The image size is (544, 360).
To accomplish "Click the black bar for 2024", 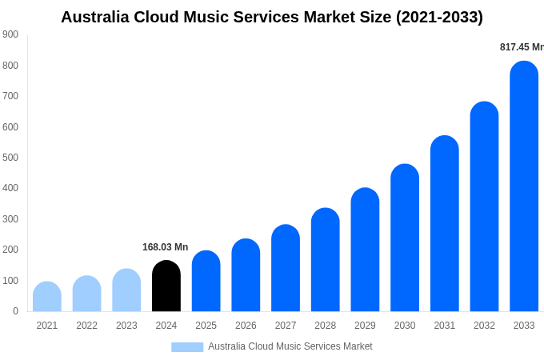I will [x=166, y=286].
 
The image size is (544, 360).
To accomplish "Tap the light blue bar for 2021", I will [x=47, y=297].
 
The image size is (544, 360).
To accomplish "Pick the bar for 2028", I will [x=326, y=260].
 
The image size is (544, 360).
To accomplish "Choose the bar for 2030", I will [x=405, y=238].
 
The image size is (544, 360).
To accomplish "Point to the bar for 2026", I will [x=246, y=275].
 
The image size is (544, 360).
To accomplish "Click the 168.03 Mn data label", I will [x=165, y=247].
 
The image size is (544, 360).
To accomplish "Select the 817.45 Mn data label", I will [x=522, y=47].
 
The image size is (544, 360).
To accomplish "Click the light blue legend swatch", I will [x=187, y=346].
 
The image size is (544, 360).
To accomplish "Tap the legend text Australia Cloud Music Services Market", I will [x=290, y=346].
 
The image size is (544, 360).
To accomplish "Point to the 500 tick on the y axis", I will [x=10, y=158].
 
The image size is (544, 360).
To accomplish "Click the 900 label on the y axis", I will [x=10, y=34].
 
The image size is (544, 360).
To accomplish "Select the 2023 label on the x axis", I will [x=126, y=326].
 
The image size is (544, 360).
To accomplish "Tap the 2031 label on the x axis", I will [x=445, y=326].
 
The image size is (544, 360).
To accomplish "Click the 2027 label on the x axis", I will [x=286, y=326].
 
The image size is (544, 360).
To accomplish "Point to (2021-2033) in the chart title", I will [x=439, y=17].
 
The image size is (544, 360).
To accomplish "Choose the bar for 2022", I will [x=86, y=294].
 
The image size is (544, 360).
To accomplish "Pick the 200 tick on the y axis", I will [x=10, y=250].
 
